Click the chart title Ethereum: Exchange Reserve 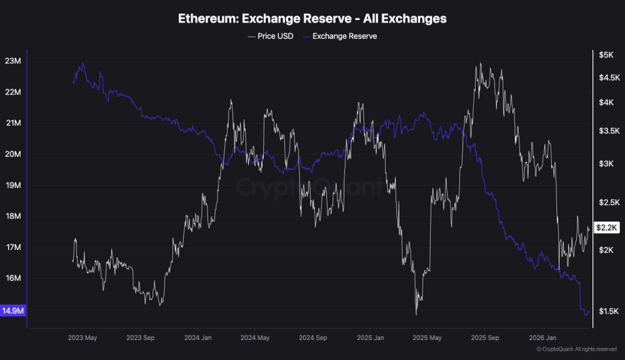[312, 19]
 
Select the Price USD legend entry [271, 36]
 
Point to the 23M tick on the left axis [13, 61]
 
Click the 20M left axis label [13, 154]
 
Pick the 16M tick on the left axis [13, 279]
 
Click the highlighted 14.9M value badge [12, 310]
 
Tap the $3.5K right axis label [607, 131]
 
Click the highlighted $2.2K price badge [607, 227]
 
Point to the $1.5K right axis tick [607, 311]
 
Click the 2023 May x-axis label [82, 338]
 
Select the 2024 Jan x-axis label [197, 338]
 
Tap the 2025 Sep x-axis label [485, 338]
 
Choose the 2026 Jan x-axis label [543, 338]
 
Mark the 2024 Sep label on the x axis [312, 338]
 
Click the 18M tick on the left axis [13, 217]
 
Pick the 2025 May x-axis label [427, 338]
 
